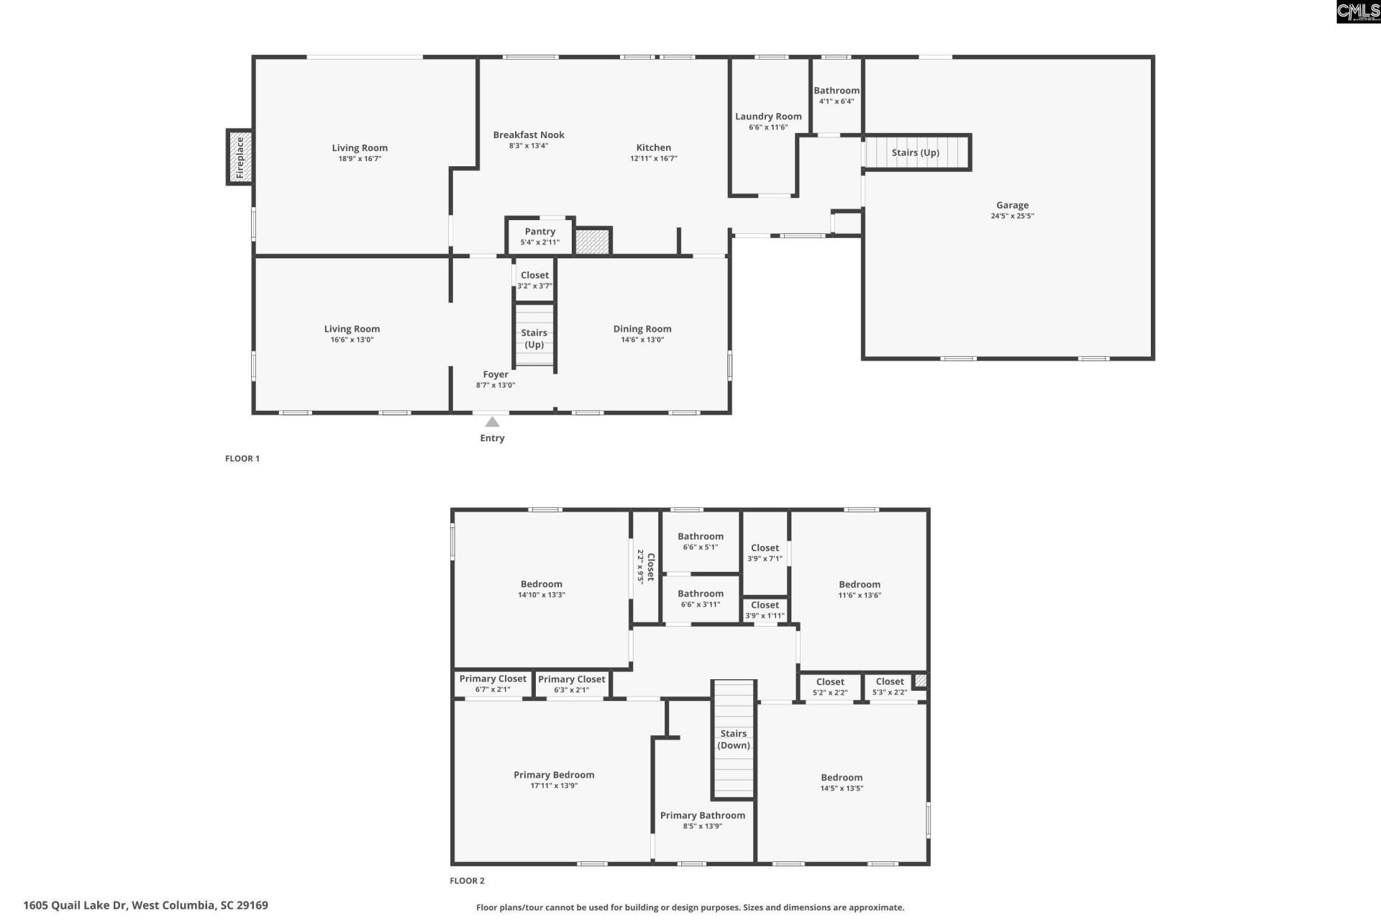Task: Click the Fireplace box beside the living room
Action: pyautogui.click(x=240, y=157)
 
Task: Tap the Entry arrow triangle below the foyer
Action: pyautogui.click(x=492, y=422)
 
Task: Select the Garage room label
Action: pyautogui.click(x=1012, y=205)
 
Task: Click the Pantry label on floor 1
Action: pyautogui.click(x=539, y=232)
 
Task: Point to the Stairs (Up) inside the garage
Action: pyautogui.click(x=915, y=153)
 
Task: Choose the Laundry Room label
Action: pyautogui.click(x=768, y=117)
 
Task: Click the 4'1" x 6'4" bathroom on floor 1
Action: pyautogui.click(x=837, y=96)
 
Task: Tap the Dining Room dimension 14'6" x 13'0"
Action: pyautogui.click(x=642, y=340)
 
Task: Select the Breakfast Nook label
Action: pyautogui.click(x=529, y=135)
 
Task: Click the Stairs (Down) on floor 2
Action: pyautogui.click(x=734, y=740)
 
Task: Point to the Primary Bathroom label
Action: pyautogui.click(x=702, y=815)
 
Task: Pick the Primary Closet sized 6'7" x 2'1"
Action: pyautogui.click(x=493, y=684)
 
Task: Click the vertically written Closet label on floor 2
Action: pyautogui.click(x=650, y=567)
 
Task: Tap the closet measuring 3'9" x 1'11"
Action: pyautogui.click(x=765, y=610)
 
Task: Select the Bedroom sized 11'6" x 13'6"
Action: pyautogui.click(x=860, y=589)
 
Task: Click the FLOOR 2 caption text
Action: pyautogui.click(x=467, y=881)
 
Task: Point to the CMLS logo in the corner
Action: pyautogui.click(x=1357, y=12)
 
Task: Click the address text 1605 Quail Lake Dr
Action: pyautogui.click(x=145, y=905)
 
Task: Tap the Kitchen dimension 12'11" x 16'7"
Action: pyautogui.click(x=653, y=158)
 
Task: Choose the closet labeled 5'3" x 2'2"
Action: pyautogui.click(x=890, y=686)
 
